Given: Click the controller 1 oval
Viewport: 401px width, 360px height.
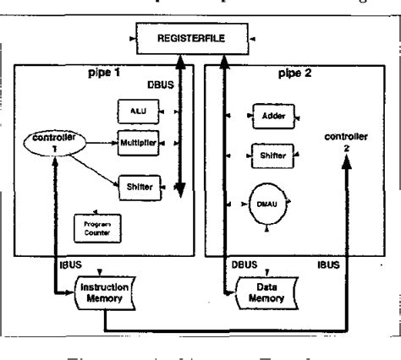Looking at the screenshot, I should pyautogui.click(x=52, y=144).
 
